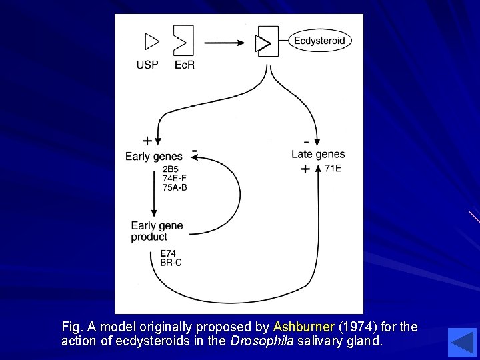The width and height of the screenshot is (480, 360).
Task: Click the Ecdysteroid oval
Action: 321,41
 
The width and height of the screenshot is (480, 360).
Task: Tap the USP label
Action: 147,65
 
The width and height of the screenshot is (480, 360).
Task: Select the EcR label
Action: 184,65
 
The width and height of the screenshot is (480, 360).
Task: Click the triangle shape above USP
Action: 151,42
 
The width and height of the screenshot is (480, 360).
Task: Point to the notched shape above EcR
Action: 183,41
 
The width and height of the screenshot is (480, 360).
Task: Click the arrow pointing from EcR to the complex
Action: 226,43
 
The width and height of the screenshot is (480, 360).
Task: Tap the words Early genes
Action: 153,157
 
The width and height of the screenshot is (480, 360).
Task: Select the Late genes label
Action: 318,155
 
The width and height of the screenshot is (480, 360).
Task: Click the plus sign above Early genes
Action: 147,141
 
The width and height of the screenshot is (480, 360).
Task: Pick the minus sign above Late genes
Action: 306,141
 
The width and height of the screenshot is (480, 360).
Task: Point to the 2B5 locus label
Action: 171,169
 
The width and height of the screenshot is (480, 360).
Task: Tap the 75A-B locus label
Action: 175,187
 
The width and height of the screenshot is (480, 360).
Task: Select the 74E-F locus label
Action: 175,178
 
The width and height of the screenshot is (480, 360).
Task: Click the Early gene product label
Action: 157,231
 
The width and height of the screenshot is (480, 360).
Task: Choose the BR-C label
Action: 171,263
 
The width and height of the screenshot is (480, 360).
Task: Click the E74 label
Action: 169,253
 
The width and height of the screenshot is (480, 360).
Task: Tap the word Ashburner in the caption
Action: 303,327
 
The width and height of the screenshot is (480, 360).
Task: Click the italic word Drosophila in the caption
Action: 261,341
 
